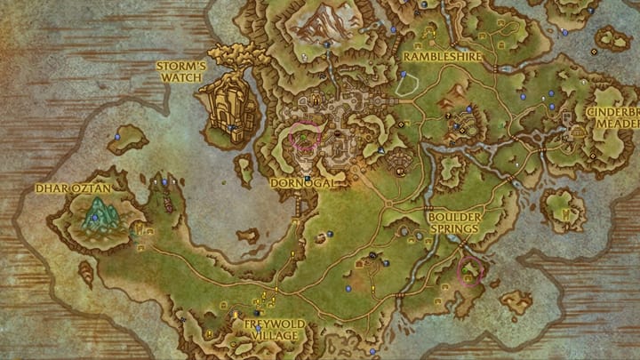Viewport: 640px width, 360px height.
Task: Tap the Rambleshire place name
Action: tap(442, 56)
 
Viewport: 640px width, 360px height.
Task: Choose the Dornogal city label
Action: tap(300, 182)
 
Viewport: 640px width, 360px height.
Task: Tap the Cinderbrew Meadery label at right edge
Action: tap(612, 119)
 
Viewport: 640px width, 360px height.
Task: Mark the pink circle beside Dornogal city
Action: tap(306, 136)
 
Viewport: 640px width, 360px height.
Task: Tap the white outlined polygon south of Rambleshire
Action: tap(406, 84)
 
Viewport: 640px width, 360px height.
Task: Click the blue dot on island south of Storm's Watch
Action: tap(117, 137)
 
